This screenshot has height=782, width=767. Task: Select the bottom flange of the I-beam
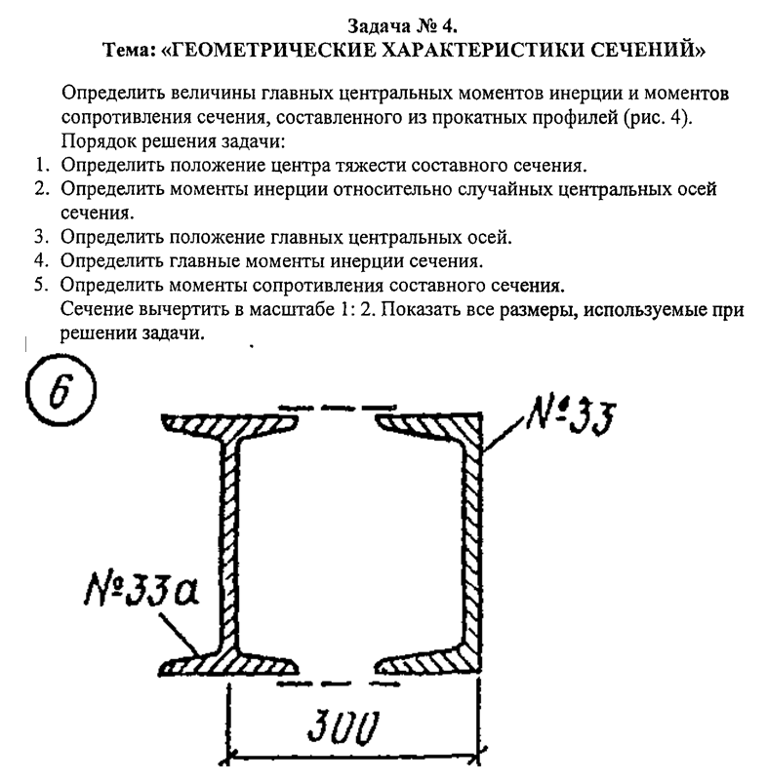(x=230, y=665)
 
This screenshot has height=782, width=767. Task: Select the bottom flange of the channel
(x=429, y=663)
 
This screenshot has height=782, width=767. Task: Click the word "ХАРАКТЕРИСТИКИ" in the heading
(x=465, y=48)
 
